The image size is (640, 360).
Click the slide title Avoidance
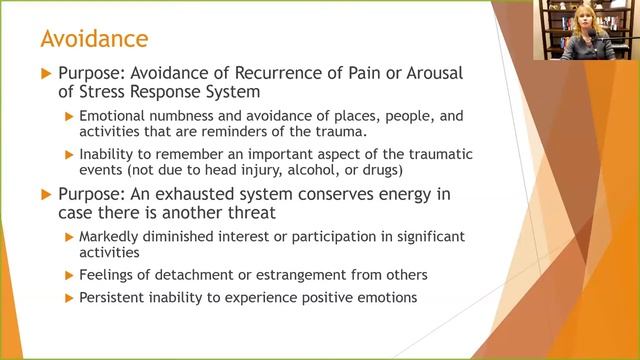(93, 39)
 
